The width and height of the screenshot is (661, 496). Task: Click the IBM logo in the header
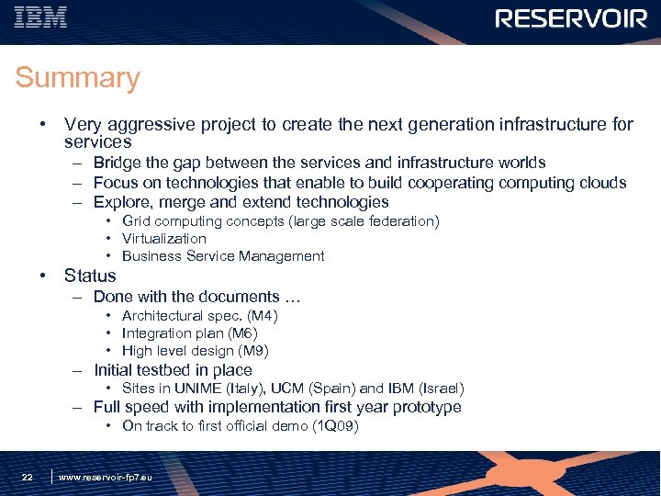click(x=41, y=17)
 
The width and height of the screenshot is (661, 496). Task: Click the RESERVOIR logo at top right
click(x=571, y=18)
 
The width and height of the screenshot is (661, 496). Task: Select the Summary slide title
click(x=77, y=78)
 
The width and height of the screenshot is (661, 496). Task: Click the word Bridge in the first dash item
click(x=117, y=163)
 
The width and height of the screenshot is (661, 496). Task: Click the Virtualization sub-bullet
click(x=164, y=239)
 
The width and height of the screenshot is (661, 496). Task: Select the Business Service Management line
click(x=223, y=256)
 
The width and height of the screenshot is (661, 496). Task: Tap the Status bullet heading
click(x=90, y=276)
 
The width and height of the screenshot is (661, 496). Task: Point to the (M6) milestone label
click(x=242, y=333)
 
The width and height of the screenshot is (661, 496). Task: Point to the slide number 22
click(x=28, y=477)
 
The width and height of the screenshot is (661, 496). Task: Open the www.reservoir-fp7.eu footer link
click(x=106, y=478)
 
